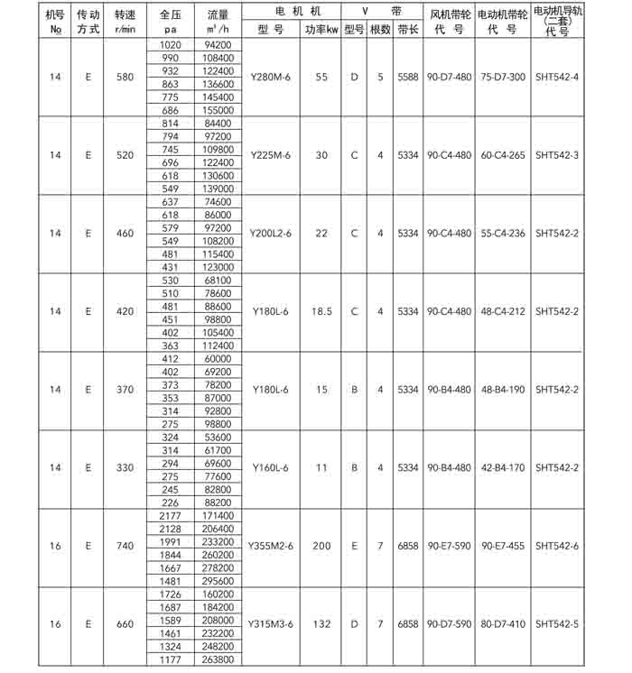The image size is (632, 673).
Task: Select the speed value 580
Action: point(125,77)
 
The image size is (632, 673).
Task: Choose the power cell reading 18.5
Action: point(321,311)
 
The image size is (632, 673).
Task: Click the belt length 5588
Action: point(407,77)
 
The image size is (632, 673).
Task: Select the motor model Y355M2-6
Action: point(272,546)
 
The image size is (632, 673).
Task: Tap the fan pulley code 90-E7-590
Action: point(449,546)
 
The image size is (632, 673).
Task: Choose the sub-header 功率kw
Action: point(321,29)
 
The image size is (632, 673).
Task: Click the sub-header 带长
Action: point(407,29)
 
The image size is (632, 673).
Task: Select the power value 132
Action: point(321,623)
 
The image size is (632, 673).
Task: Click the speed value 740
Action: point(125,546)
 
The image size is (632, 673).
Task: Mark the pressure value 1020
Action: point(169,44)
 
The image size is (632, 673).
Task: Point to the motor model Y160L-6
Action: point(271,467)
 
